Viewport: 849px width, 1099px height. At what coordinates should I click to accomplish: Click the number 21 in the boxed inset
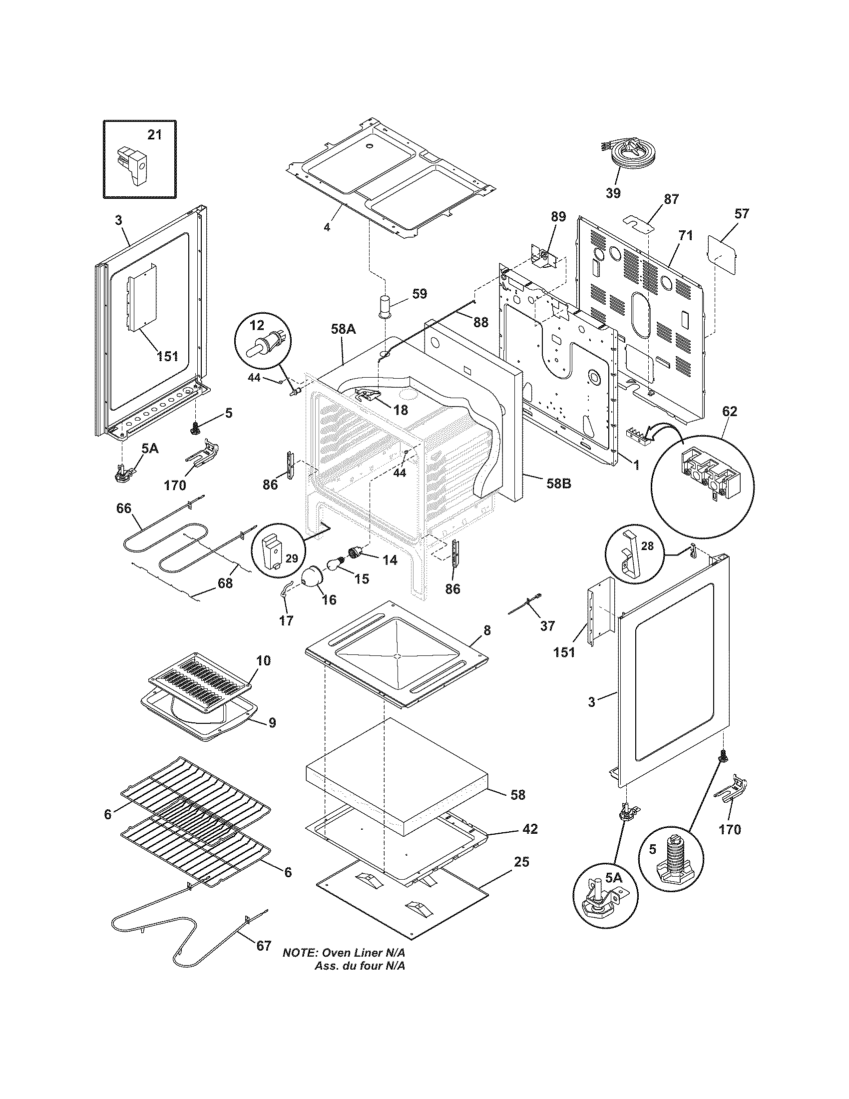click(x=155, y=135)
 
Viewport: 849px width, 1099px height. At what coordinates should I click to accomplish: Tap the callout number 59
click(x=420, y=293)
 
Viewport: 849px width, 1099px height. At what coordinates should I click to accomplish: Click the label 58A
click(x=344, y=330)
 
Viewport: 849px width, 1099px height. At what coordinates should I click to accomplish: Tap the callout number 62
click(x=729, y=411)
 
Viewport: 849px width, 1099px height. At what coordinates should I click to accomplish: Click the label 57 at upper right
click(x=741, y=213)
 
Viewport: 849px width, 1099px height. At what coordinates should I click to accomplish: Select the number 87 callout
click(x=671, y=199)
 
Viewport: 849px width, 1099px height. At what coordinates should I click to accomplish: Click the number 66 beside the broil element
click(x=124, y=508)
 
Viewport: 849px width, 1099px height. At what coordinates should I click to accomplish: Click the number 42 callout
click(x=530, y=828)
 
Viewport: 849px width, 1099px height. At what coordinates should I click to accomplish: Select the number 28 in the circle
click(x=647, y=546)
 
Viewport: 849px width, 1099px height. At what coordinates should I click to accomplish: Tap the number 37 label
click(x=547, y=625)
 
